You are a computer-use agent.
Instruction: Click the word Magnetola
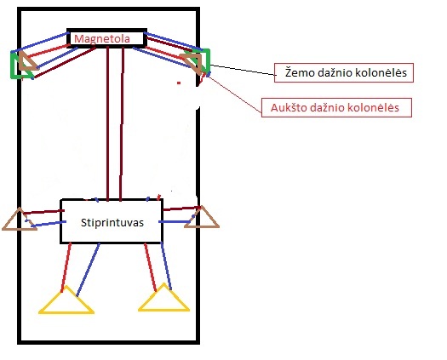point(102,39)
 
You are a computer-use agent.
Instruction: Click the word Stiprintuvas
point(112,223)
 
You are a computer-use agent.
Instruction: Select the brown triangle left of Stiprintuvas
point(20,220)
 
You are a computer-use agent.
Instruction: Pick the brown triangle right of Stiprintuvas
point(202,217)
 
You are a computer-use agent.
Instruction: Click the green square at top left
point(11,65)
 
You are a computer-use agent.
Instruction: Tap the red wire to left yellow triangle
point(66,267)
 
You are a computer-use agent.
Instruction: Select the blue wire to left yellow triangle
point(88,270)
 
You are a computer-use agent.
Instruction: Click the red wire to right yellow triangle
point(150,267)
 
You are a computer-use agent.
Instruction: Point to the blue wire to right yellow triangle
point(166,266)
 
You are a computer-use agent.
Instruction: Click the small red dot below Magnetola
point(179,83)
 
